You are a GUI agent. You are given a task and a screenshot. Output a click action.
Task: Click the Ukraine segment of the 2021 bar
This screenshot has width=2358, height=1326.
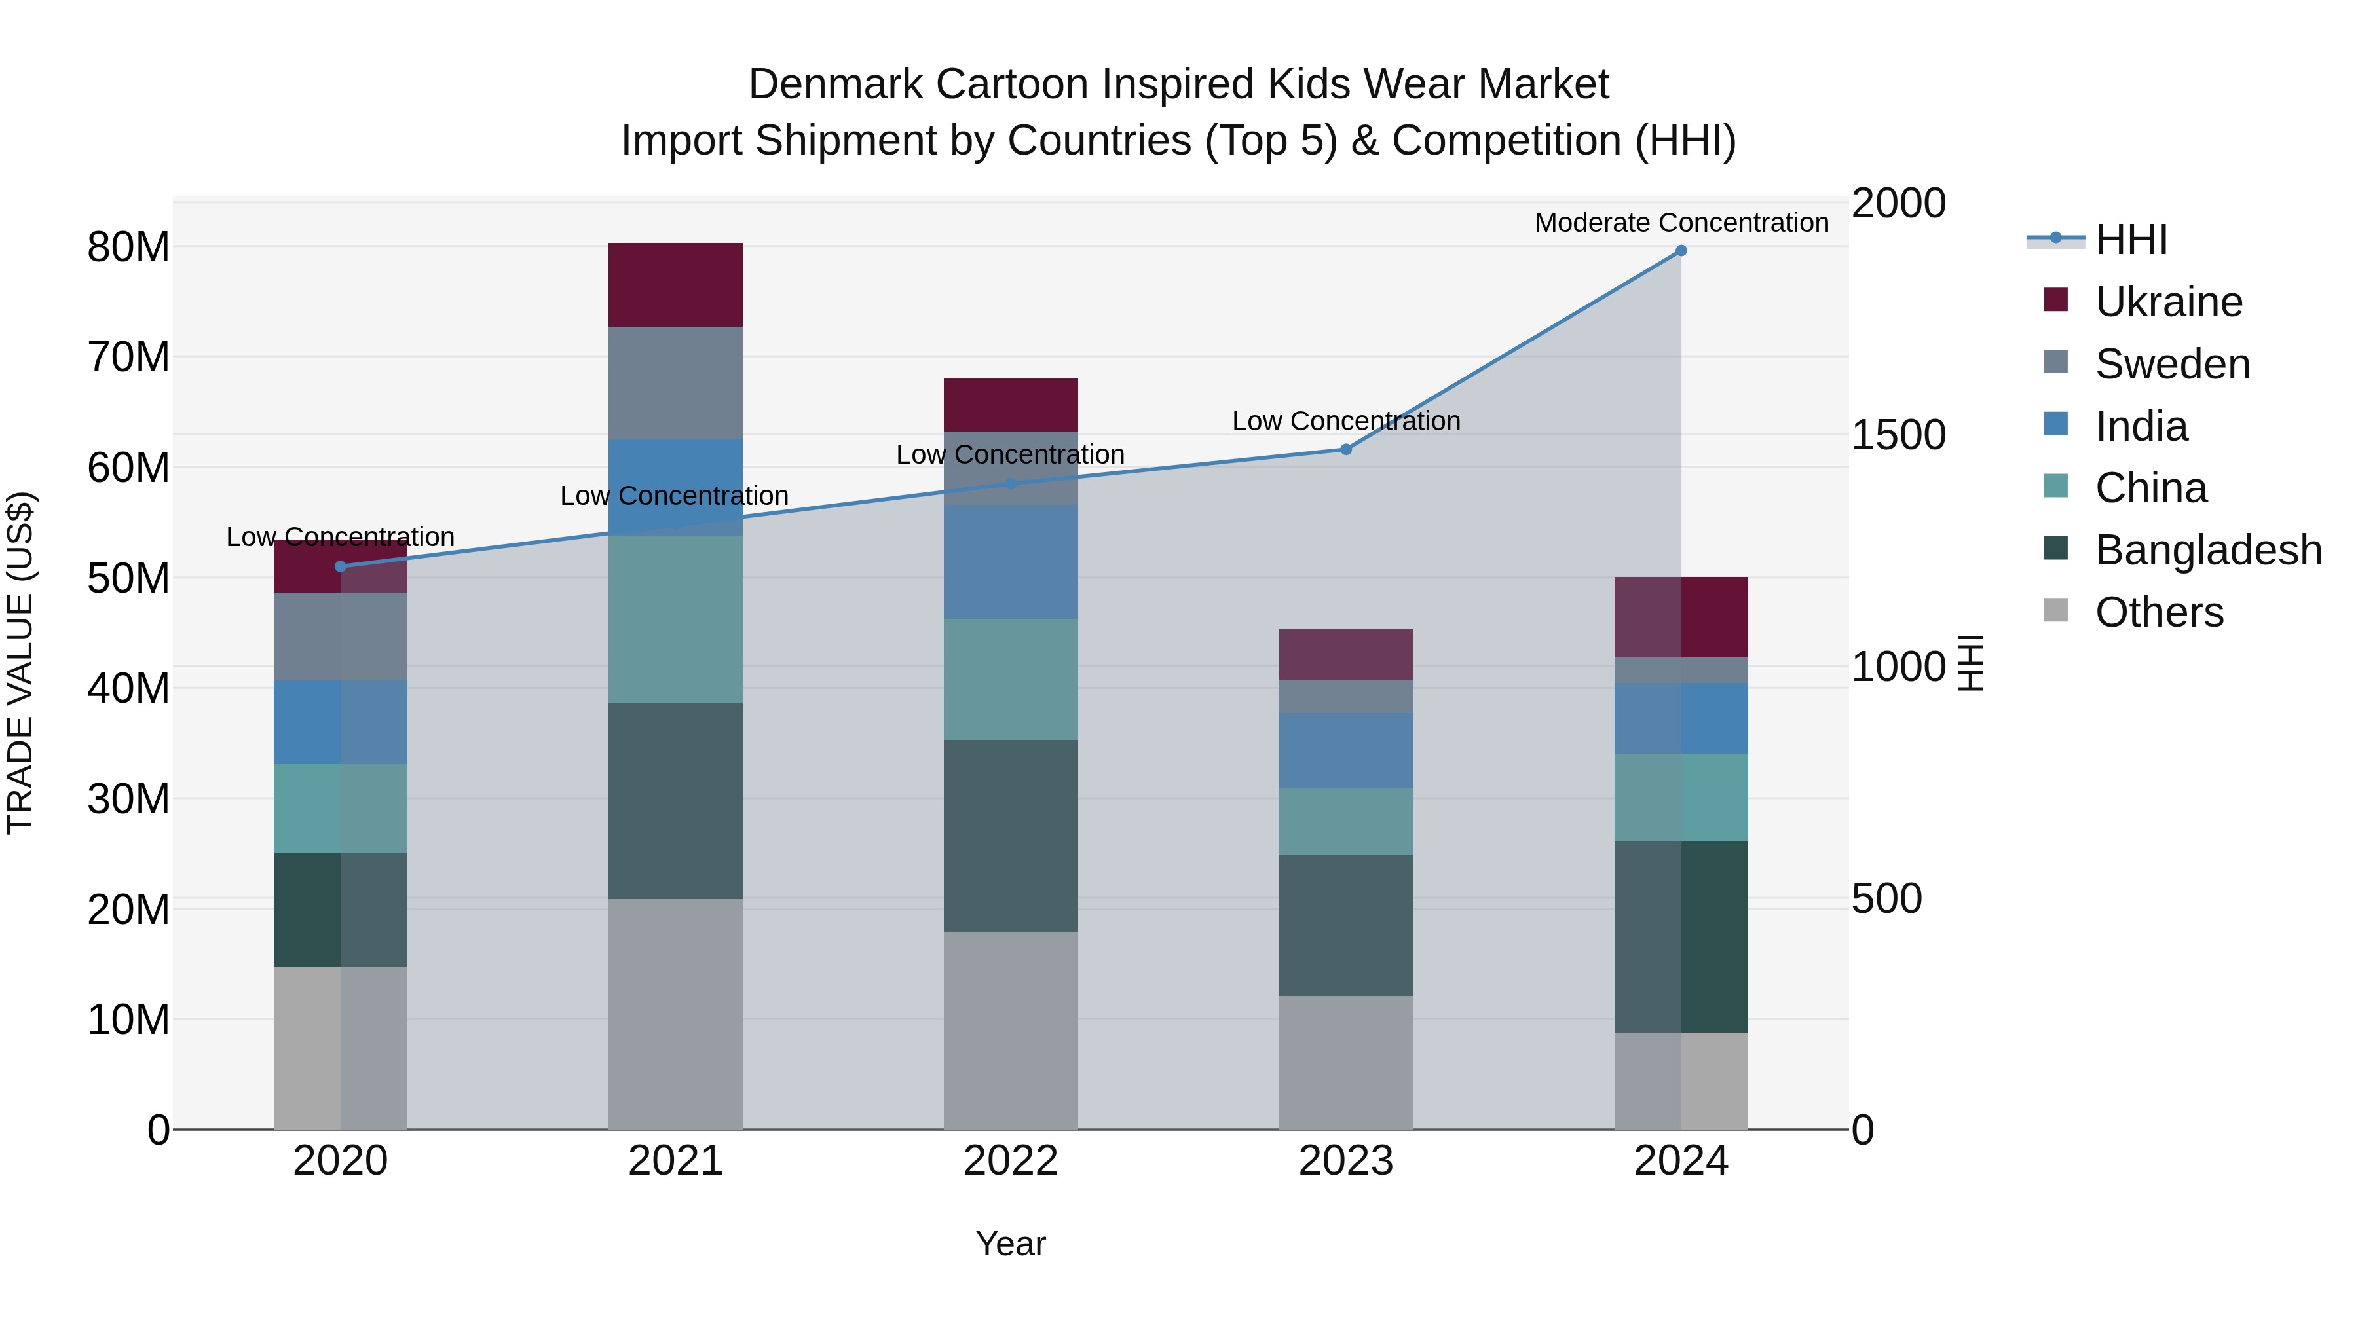[x=675, y=285]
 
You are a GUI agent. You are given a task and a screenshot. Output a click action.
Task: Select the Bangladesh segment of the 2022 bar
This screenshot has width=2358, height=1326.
[x=1011, y=836]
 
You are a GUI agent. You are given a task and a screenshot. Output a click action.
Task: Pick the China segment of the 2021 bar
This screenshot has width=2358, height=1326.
[x=675, y=619]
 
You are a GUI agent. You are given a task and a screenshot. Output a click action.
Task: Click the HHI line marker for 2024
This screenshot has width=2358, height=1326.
[x=1681, y=251]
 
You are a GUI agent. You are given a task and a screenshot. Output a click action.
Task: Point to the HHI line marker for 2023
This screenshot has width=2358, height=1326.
[x=1345, y=449]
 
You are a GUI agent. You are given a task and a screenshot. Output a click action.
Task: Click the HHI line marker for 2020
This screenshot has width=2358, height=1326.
[x=341, y=566]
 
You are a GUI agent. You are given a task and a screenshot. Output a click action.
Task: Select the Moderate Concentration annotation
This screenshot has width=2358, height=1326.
[x=1681, y=223]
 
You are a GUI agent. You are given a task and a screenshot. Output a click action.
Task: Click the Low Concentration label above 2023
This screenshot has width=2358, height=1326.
[x=1345, y=421]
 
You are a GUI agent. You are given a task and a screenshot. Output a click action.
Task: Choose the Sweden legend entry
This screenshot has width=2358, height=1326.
[x=2171, y=364]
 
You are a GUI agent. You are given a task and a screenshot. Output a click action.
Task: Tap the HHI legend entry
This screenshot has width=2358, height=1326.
[x=2130, y=240]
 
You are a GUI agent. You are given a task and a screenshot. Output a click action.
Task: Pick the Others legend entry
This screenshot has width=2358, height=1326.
[x=2158, y=612]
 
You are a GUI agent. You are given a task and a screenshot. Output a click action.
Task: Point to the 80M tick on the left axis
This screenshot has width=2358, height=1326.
[x=128, y=247]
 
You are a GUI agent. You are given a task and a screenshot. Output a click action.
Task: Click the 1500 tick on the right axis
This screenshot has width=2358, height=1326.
[x=1898, y=435]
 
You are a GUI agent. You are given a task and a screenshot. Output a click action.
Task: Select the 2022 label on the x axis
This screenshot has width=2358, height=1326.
[x=1011, y=1161]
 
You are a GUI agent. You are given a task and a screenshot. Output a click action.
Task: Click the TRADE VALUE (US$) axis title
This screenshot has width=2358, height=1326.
[x=20, y=663]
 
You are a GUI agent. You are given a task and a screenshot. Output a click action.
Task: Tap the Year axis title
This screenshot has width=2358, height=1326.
[x=1011, y=1243]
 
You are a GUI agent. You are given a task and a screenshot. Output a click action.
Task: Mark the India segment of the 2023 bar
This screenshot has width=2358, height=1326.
[x=1345, y=750]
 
